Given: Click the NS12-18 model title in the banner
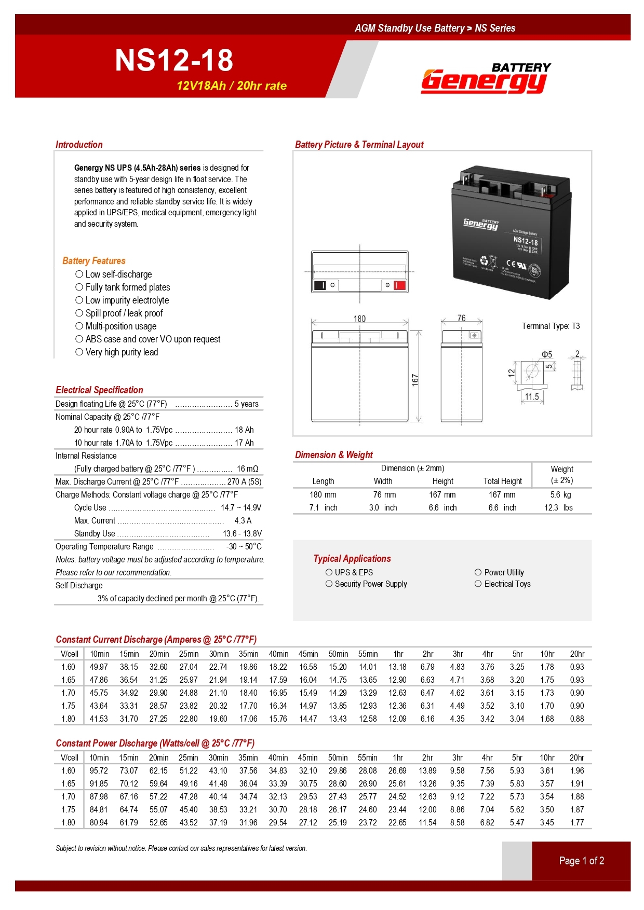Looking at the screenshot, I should click(174, 60).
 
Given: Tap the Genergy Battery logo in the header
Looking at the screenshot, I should click(485, 79).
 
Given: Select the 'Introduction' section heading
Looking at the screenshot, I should click(79, 145).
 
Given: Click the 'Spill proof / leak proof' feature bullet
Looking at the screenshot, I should click(124, 313).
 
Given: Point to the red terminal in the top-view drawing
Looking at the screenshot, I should click(399, 285).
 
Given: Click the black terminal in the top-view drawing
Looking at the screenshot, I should click(319, 285).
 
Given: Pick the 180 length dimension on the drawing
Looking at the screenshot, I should click(359, 319).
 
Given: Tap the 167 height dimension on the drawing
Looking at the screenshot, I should click(414, 380).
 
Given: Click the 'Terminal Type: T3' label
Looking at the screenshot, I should click(551, 326).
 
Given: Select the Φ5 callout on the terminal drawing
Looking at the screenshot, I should click(547, 354).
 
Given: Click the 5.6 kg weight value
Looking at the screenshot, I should click(560, 495).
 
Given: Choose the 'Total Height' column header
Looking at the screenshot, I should click(502, 481).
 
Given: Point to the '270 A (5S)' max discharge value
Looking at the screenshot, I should click(244, 482).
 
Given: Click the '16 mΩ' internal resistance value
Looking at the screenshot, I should click(247, 469).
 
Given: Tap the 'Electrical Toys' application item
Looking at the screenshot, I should click(507, 584).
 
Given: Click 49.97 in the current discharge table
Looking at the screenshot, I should click(99, 667).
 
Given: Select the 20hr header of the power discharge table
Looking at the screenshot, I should click(576, 758).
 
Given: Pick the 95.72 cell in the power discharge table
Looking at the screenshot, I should click(99, 771).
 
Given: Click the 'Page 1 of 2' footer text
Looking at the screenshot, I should click(581, 861).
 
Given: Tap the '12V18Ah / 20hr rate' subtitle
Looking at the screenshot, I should click(232, 86).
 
